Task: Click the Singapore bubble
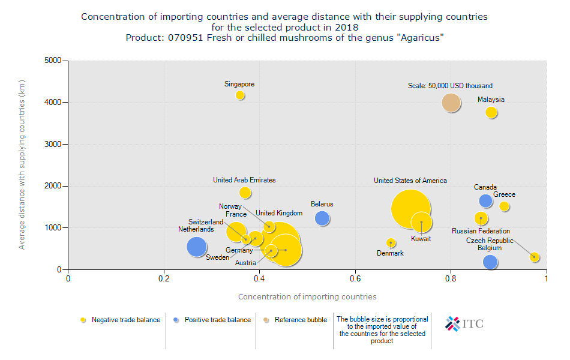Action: (x=240, y=95)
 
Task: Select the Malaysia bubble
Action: (x=491, y=112)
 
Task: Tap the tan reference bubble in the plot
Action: (x=451, y=103)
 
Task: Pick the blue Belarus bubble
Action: (x=322, y=218)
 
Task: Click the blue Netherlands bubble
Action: (x=197, y=247)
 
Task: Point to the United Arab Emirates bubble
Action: (x=245, y=193)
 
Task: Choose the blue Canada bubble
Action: (x=485, y=200)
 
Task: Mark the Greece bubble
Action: (x=505, y=206)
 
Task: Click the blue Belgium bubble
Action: (x=490, y=262)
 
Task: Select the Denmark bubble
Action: (x=391, y=243)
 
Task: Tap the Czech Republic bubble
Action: (x=535, y=257)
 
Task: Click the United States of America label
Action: (x=410, y=181)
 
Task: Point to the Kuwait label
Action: (x=421, y=239)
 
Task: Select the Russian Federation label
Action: (x=481, y=231)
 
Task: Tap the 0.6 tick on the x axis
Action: (x=355, y=278)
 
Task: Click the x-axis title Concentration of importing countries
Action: (x=307, y=296)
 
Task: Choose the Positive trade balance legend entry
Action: (x=217, y=320)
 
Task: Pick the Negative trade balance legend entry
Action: (x=125, y=320)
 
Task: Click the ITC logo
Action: (x=464, y=324)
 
